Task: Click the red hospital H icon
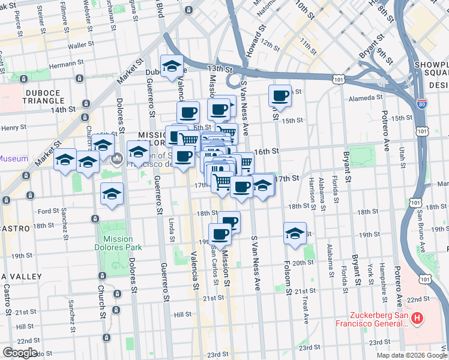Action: [418, 317]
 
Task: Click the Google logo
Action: [20, 353]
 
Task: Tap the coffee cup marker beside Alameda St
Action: [280, 96]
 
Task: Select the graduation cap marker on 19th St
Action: [295, 233]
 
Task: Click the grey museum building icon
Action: [118, 158]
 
